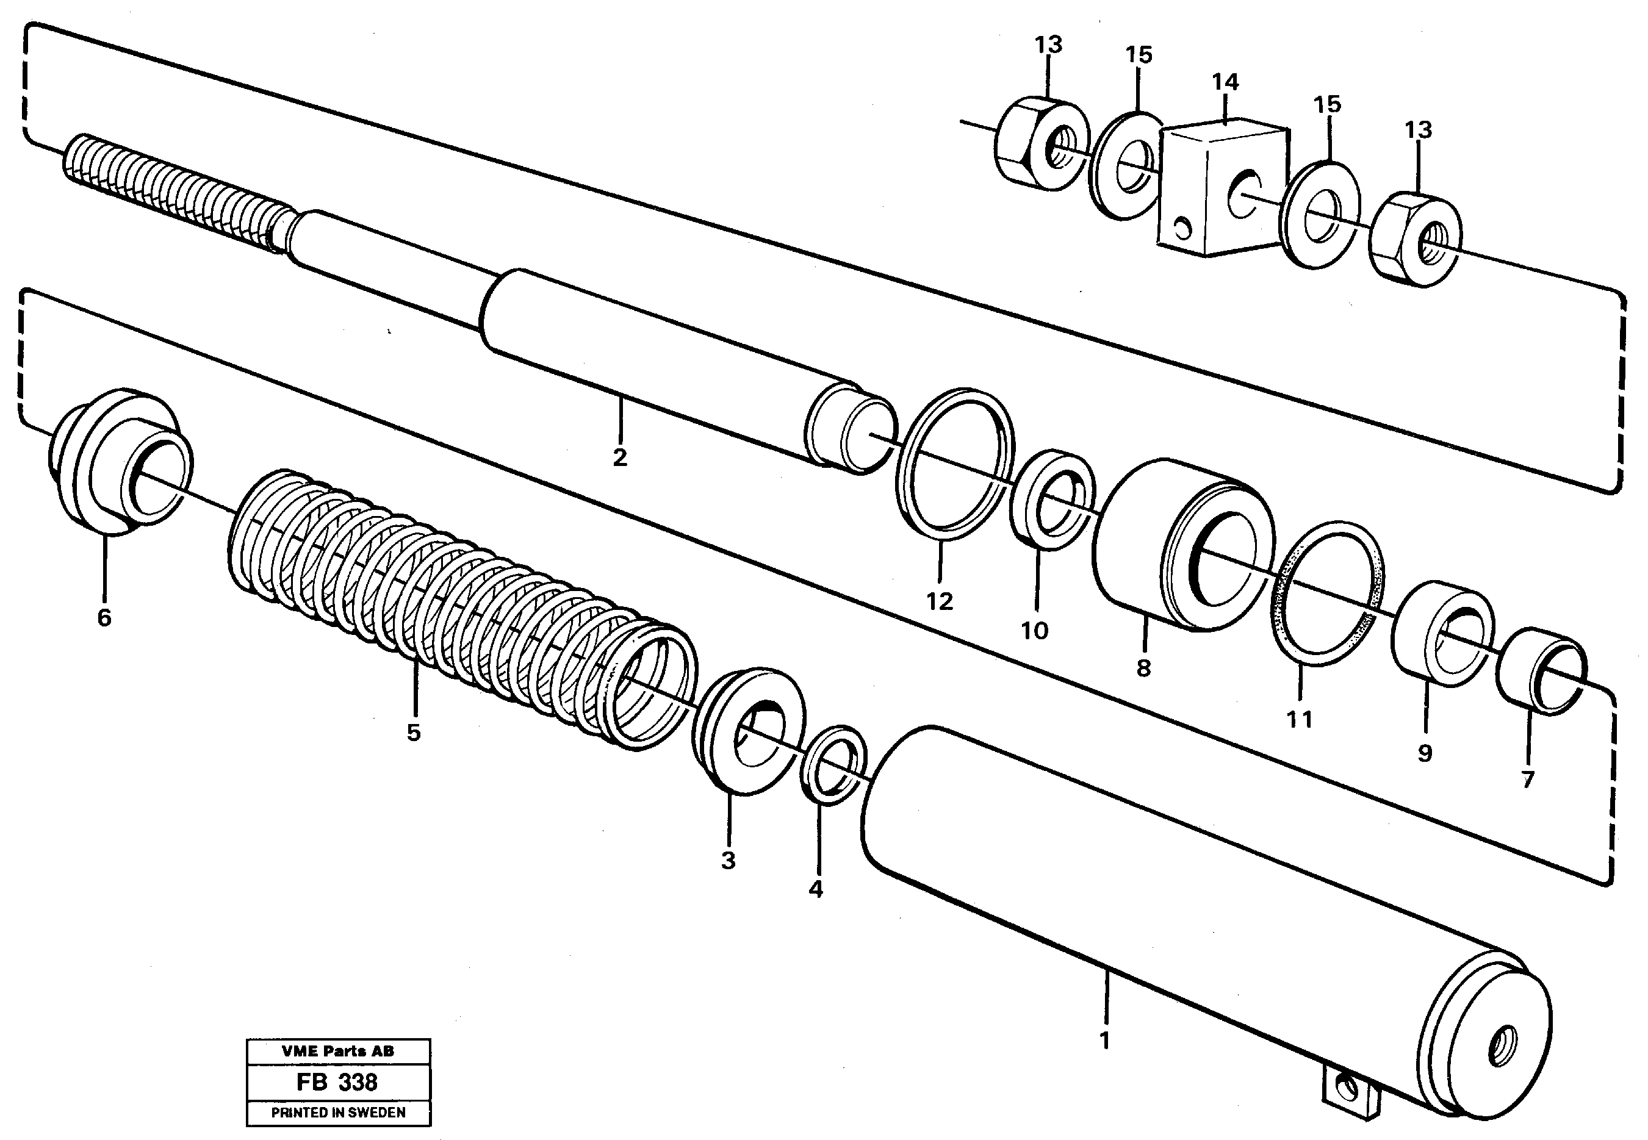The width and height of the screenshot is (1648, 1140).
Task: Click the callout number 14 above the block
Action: pyautogui.click(x=1225, y=82)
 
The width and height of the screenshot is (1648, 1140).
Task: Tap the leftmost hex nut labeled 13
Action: pyautogui.click(x=1042, y=145)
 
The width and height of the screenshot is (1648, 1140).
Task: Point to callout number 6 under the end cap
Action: pyautogui.click(x=104, y=617)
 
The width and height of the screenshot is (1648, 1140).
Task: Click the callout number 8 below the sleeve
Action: pyautogui.click(x=1143, y=668)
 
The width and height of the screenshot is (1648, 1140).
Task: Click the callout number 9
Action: pyautogui.click(x=1425, y=753)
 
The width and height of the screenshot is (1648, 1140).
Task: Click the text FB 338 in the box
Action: pyautogui.click(x=337, y=1083)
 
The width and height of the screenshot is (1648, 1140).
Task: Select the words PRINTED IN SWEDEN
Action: pyautogui.click(x=338, y=1113)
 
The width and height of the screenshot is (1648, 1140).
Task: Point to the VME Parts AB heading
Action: pyautogui.click(x=337, y=1052)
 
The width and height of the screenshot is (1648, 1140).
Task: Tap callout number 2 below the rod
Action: pyautogui.click(x=619, y=457)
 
